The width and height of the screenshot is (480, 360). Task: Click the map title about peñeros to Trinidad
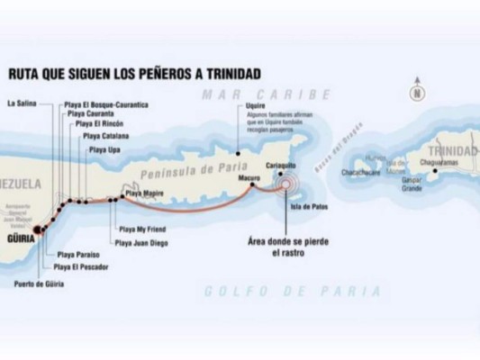136,73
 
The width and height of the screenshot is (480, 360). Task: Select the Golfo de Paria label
292,291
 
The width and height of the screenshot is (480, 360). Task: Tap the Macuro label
249,178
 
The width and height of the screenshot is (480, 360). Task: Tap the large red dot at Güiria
38,230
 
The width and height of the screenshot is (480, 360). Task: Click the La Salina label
23,103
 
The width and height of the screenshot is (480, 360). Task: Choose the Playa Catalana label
106,135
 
